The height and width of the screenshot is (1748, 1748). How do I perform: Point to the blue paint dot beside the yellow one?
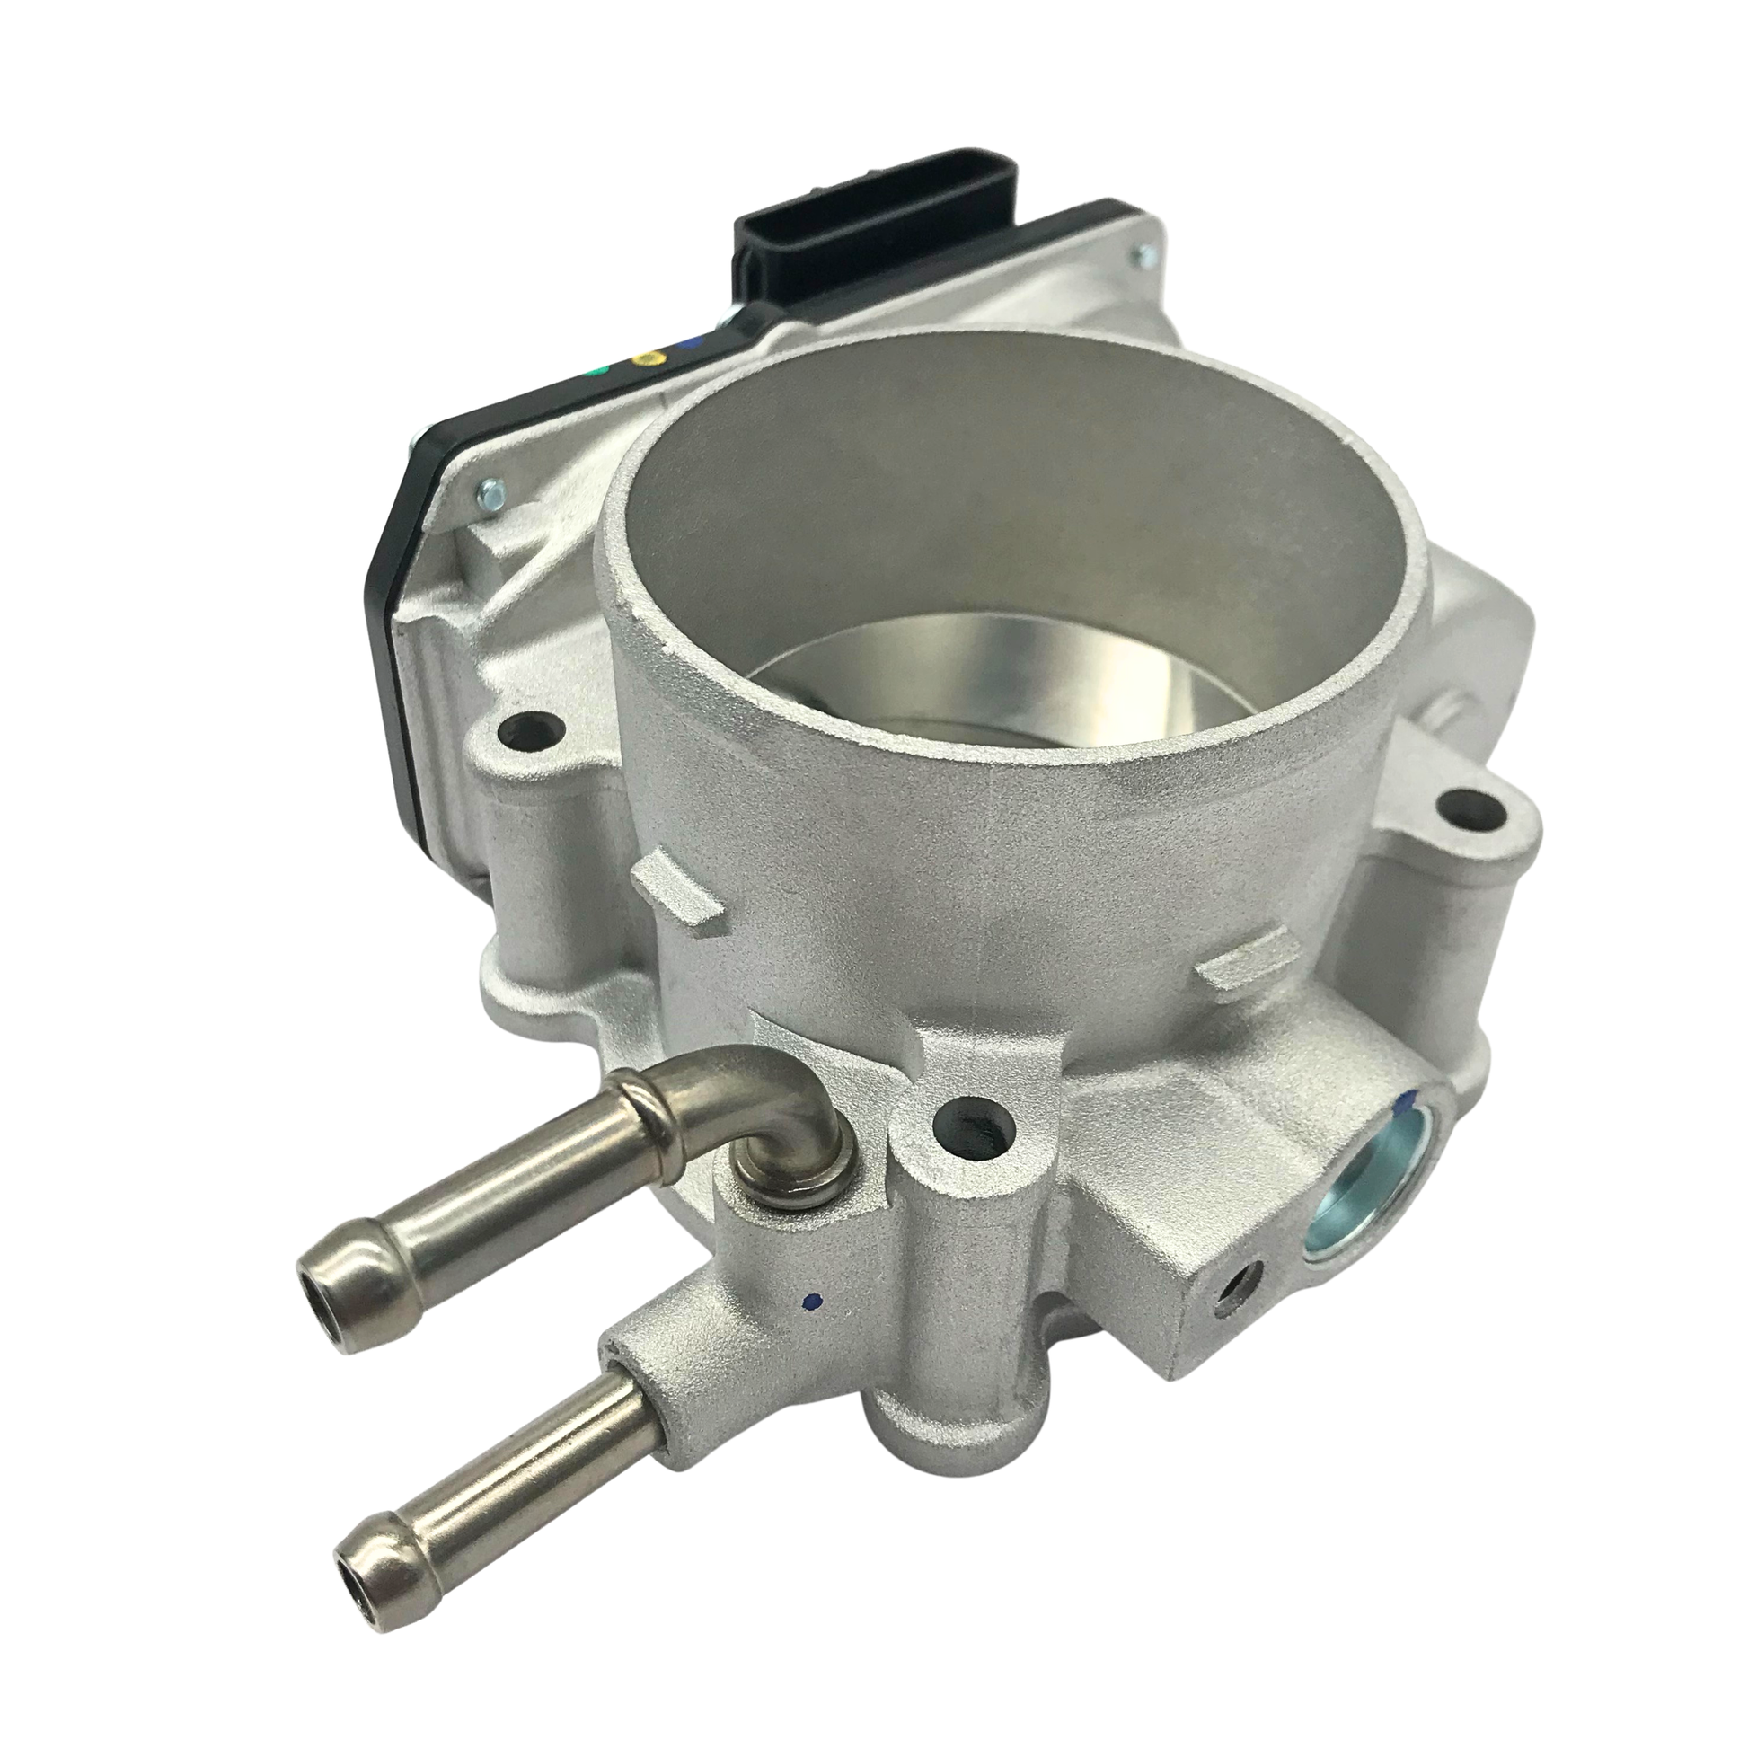(x=693, y=343)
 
